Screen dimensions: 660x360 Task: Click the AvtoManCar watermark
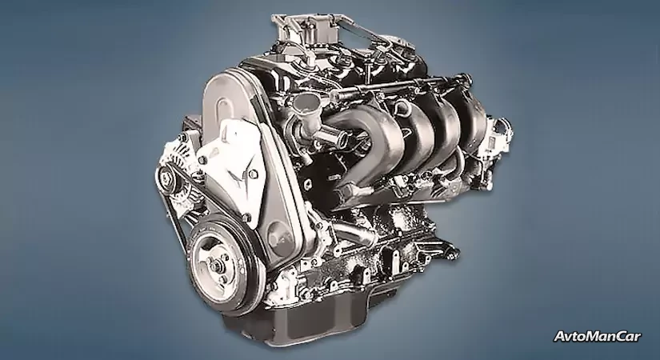coord(598,337)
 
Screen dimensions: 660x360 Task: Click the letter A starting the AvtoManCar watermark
coord(559,337)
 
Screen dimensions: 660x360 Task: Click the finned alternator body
coord(177,169)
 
